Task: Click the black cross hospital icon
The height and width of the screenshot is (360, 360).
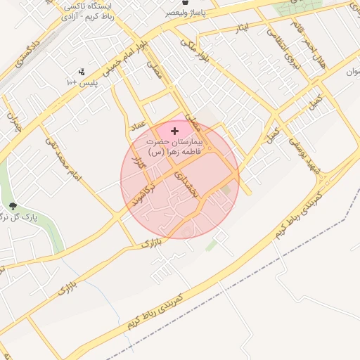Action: (x=175, y=131)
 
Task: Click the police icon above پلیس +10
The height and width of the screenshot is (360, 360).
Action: (x=82, y=72)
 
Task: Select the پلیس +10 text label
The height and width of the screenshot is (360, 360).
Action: (x=82, y=83)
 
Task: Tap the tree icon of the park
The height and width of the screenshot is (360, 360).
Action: (x=13, y=207)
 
